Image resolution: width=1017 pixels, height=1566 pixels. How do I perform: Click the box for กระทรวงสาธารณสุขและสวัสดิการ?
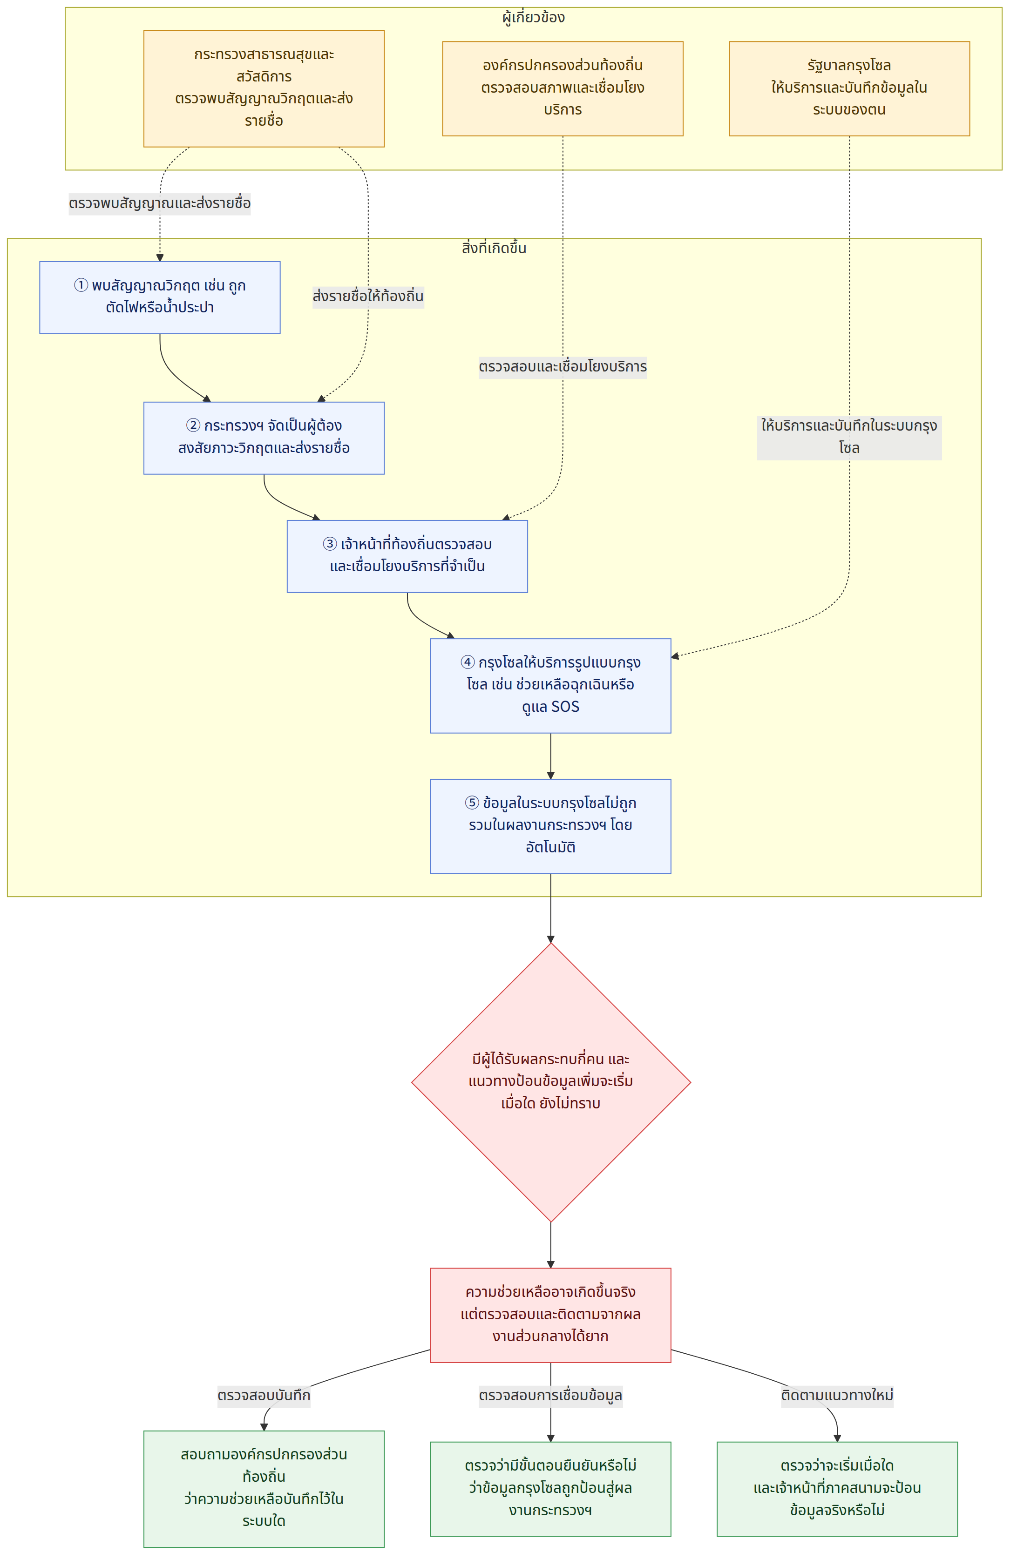(264, 88)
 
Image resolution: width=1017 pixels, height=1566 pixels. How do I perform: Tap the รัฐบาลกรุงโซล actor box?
(849, 88)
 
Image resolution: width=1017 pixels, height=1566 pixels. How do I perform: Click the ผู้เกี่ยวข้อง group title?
(533, 17)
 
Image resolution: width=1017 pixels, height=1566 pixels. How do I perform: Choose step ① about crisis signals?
(160, 297)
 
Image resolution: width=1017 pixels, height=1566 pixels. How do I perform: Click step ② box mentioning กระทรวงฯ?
(264, 438)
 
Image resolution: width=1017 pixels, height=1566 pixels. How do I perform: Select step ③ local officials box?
(407, 556)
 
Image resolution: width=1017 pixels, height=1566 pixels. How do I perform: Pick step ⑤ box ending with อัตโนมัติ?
(550, 826)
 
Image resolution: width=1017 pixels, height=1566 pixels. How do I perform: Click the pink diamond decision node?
(551, 1082)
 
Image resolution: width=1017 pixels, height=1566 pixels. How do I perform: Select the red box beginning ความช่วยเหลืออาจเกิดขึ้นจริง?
(550, 1315)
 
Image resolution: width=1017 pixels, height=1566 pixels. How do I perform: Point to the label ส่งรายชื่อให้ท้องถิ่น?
(368, 297)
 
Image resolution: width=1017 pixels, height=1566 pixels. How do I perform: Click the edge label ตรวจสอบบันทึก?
(264, 1396)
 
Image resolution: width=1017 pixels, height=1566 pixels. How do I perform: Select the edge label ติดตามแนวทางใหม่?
(837, 1396)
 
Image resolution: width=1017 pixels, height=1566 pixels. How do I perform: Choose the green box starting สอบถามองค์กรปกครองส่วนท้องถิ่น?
(264, 1488)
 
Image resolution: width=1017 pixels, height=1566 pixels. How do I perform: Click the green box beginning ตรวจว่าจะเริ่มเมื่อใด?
(837, 1488)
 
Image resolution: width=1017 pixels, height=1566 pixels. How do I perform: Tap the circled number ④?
(468, 662)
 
